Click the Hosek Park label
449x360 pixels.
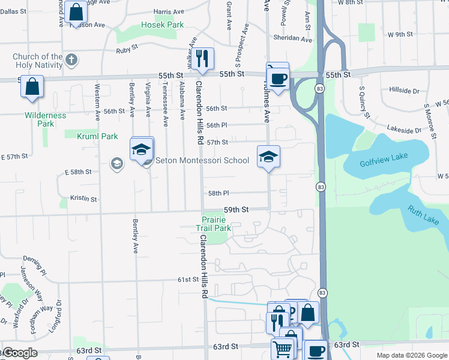[162, 25]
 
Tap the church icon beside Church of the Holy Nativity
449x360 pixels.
[71, 59]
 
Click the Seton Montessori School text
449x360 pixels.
[202, 160]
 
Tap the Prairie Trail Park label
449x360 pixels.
[214, 224]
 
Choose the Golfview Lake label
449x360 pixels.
[384, 160]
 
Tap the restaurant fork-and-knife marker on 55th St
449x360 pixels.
[202, 59]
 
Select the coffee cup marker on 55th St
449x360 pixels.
[278, 78]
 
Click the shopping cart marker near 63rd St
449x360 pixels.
[282, 347]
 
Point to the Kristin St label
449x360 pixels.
[83, 198]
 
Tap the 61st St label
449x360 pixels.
[187, 280]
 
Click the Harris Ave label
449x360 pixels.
[169, 11]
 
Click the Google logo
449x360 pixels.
[19, 353]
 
